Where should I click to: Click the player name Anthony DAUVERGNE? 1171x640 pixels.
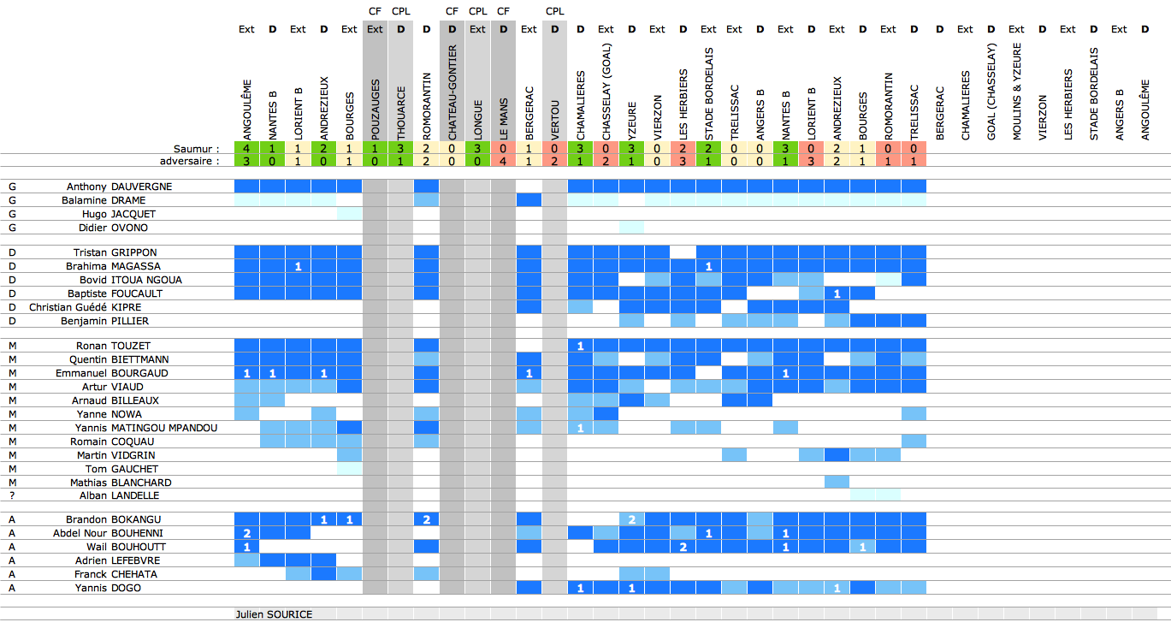(x=120, y=187)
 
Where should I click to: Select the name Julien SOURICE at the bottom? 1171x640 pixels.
(x=274, y=614)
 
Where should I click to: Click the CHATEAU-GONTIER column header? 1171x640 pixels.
(x=452, y=93)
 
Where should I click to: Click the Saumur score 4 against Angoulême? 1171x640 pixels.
(x=246, y=148)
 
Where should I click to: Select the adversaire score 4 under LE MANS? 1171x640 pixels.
(x=503, y=161)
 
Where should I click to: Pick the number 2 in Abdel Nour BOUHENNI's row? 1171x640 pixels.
(x=246, y=533)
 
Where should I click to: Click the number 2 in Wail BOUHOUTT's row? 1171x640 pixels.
(x=683, y=547)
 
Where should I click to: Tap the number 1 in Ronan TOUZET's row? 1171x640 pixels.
(x=580, y=346)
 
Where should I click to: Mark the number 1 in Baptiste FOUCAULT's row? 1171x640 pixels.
(x=837, y=293)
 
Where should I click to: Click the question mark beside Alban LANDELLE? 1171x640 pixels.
(x=12, y=495)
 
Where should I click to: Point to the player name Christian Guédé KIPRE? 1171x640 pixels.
(x=86, y=307)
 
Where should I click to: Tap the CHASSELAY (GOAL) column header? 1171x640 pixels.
(x=606, y=99)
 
